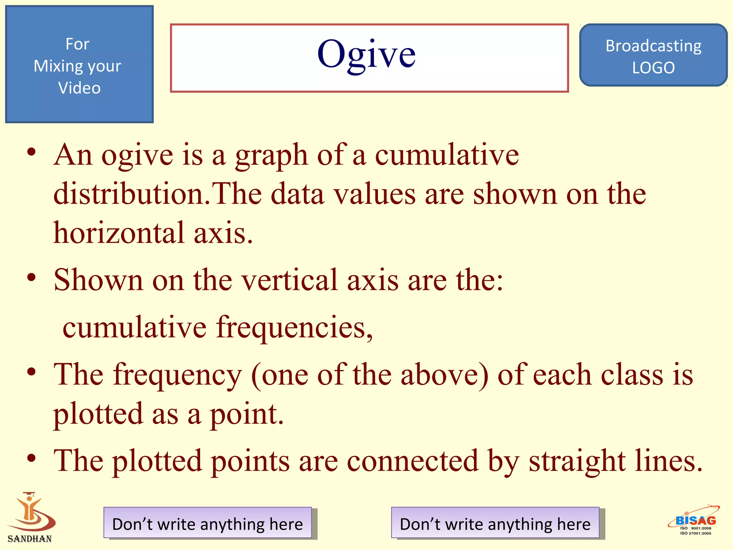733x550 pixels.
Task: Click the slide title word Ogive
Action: tap(366, 54)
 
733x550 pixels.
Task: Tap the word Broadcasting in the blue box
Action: tap(653, 46)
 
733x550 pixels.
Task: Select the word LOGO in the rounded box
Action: tap(653, 68)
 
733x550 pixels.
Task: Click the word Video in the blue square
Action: tap(79, 88)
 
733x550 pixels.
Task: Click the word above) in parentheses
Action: tap(444, 375)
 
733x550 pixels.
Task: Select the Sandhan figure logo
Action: tap(31, 512)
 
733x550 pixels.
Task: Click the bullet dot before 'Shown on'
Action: tap(31, 278)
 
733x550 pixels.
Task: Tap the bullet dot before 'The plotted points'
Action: tap(31, 458)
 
